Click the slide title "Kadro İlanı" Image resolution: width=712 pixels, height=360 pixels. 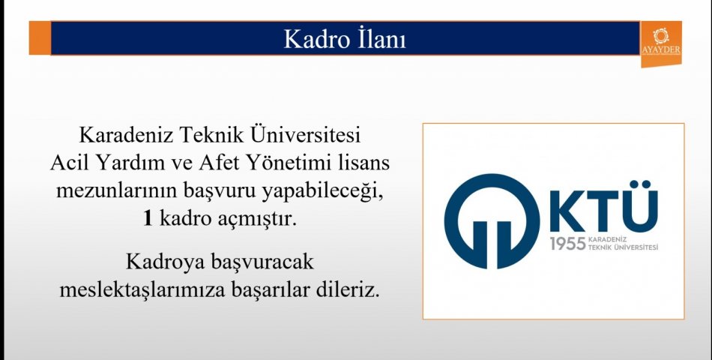point(345,39)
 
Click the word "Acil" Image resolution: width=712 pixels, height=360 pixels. point(70,162)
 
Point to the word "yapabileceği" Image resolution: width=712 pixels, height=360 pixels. point(319,192)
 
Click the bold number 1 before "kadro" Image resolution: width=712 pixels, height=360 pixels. point(148,219)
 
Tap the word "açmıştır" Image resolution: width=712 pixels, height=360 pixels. point(260,220)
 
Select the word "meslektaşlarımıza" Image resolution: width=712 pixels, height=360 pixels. point(142,290)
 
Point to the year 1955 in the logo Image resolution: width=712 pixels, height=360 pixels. point(567,244)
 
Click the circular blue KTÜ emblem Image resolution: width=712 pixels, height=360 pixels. point(492,221)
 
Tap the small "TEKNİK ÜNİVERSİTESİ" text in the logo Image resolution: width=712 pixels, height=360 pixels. point(623,247)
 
